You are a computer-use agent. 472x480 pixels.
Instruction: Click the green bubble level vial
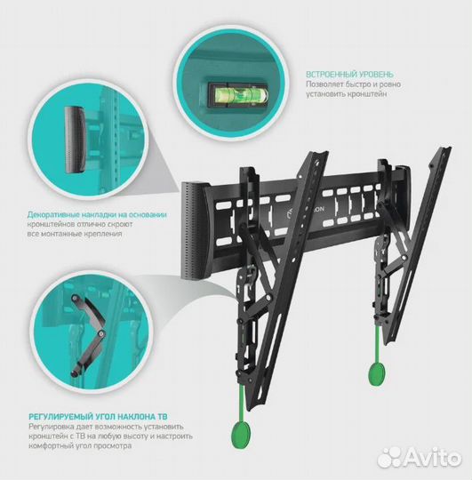[x=238, y=94]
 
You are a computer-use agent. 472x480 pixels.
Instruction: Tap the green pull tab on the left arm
[x=241, y=432]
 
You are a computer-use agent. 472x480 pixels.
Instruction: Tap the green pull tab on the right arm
[x=376, y=373]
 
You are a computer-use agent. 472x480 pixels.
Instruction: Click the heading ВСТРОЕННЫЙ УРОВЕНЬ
[x=349, y=74]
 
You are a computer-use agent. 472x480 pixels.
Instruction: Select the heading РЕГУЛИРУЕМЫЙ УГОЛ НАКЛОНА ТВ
[x=98, y=416]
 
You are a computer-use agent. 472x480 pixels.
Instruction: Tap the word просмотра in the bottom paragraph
[x=114, y=445]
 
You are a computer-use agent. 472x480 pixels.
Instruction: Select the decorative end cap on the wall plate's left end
[x=195, y=230]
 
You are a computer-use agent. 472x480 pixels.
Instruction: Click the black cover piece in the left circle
[x=75, y=140]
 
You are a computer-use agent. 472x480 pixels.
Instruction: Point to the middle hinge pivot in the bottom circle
[x=102, y=332]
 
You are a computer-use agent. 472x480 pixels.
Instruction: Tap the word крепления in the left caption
[x=104, y=234]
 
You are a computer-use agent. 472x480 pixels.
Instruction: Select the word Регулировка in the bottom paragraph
[x=50, y=427]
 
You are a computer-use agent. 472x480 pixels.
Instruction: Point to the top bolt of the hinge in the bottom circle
[x=75, y=298]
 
